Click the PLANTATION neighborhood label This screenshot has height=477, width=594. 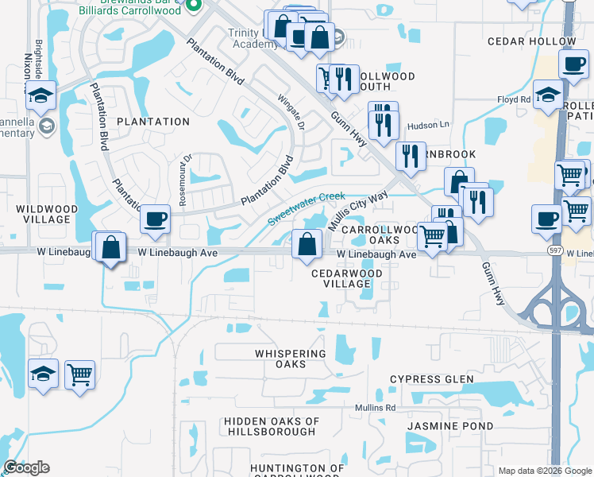pyautogui.click(x=153, y=122)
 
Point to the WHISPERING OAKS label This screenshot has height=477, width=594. pyautogui.click(x=291, y=359)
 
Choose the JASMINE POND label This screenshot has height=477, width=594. pyautogui.click(x=449, y=426)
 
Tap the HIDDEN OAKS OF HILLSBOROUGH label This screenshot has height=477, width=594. pyautogui.click(x=272, y=426)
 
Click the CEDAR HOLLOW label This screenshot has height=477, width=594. pyautogui.click(x=543, y=41)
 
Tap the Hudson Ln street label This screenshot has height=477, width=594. pyautogui.click(x=428, y=125)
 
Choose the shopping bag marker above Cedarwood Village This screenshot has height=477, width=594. pyautogui.click(x=307, y=243)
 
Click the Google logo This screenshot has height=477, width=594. pyautogui.click(x=26, y=467)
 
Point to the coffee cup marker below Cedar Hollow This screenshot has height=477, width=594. pyautogui.click(x=573, y=63)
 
